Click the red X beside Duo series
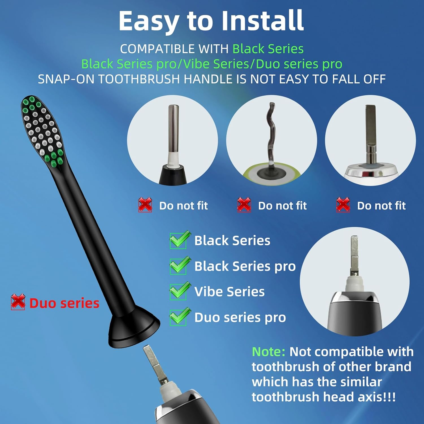(x=18, y=302)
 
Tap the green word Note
(x=268, y=352)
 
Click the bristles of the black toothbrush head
(x=42, y=130)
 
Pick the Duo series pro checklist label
(x=240, y=317)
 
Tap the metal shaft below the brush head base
(x=153, y=362)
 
